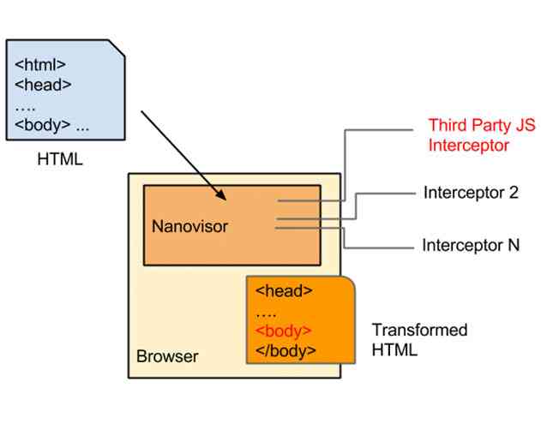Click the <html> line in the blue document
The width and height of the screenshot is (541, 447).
[40, 64]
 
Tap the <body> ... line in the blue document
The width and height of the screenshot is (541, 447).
[52, 124]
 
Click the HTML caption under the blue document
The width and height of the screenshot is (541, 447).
[60, 158]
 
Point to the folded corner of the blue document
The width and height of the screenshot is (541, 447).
[119, 47]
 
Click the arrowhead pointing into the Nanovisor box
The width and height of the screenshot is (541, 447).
[222, 197]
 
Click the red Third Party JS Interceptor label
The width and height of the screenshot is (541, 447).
[481, 135]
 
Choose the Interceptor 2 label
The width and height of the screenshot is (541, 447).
[471, 193]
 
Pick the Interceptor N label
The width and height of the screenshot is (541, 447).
[471, 245]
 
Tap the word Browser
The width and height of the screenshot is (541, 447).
[167, 356]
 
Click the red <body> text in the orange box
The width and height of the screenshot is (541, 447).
[283, 331]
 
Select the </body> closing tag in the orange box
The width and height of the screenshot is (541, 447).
[286, 350]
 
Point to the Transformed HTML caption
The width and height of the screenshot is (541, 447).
[419, 340]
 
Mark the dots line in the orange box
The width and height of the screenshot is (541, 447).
[266, 311]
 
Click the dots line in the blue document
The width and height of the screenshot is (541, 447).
[26, 104]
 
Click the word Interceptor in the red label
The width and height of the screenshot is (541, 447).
[468, 146]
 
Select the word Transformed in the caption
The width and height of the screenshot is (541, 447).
[419, 331]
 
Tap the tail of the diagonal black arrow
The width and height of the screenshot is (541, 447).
[142, 110]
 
